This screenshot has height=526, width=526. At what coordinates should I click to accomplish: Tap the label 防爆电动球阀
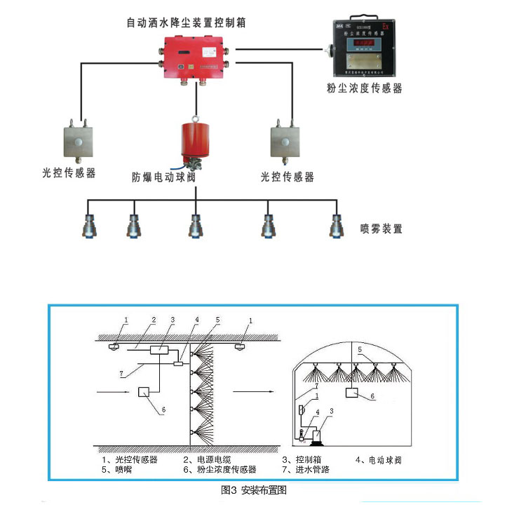[x=163, y=177]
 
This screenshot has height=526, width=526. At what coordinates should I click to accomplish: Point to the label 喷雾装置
[x=382, y=229]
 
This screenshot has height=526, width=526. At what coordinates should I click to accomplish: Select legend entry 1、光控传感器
[x=129, y=460]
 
